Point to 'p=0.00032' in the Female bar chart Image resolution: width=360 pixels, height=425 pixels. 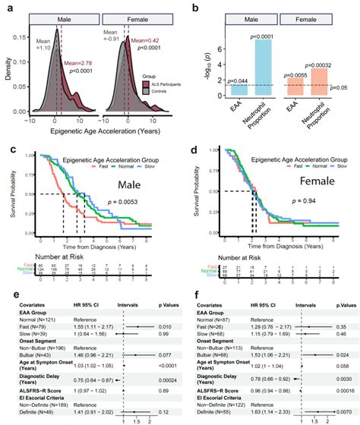(327, 65)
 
